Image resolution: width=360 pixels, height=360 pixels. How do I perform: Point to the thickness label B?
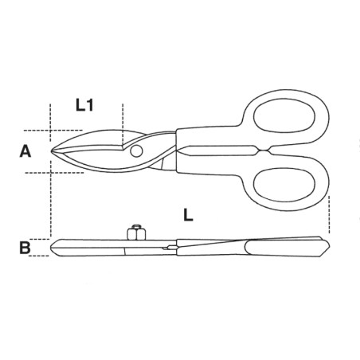pyautogui.click(x=25, y=248)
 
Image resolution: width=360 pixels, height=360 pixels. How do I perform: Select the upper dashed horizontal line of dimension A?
pyautogui.click(x=36, y=131)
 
